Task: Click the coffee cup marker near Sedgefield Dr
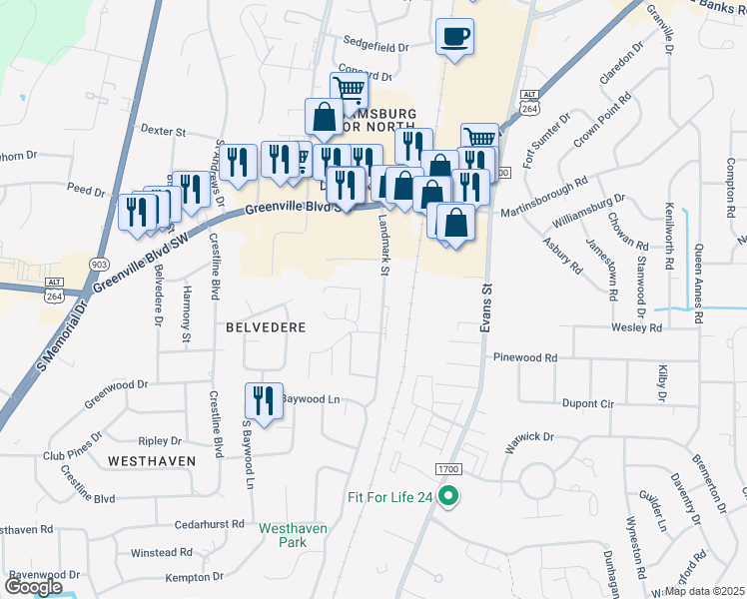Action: point(454,38)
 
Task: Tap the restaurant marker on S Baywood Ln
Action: point(264,401)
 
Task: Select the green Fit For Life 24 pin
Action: point(449,494)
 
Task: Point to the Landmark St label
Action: point(384,251)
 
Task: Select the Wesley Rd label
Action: point(636,327)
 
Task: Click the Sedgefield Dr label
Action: point(376,47)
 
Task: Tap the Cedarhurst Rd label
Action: point(210,523)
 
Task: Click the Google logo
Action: point(34,587)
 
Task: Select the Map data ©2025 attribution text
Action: point(704,591)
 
